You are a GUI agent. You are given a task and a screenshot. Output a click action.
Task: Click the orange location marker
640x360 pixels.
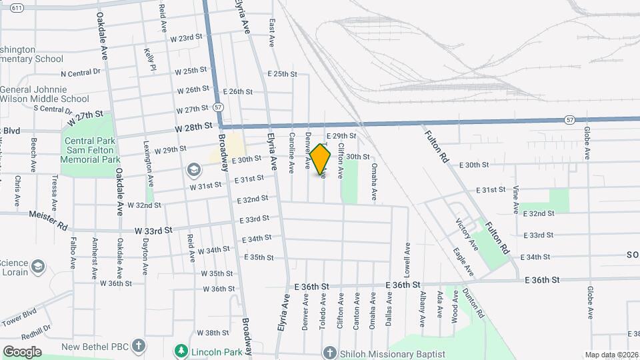[x=321, y=159]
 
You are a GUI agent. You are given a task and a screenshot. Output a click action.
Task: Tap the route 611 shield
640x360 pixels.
[x=18, y=7]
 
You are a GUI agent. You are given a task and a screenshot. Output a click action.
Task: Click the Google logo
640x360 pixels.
[x=22, y=351]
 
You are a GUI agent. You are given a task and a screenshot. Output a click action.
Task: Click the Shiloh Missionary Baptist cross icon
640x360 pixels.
[x=327, y=354]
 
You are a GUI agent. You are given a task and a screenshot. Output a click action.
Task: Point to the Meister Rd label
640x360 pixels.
[x=48, y=220]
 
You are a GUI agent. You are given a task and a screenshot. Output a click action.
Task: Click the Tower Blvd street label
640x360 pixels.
[x=21, y=315]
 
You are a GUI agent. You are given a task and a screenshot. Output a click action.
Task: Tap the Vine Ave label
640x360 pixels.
[x=516, y=200]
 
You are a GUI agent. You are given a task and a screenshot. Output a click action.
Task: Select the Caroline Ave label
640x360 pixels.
[x=292, y=152]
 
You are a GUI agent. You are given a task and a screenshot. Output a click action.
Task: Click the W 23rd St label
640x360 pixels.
[x=186, y=38]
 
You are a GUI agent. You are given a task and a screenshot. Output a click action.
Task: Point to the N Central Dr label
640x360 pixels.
[x=80, y=73]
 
